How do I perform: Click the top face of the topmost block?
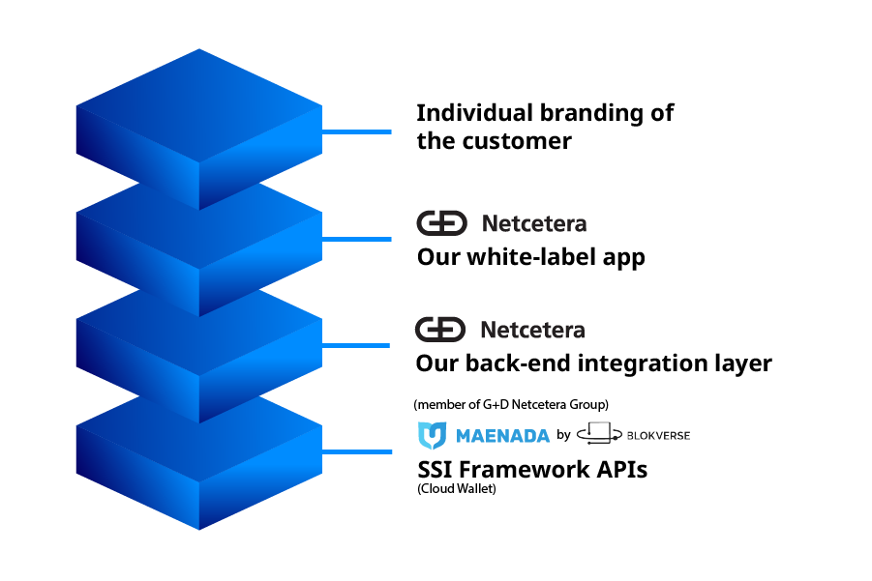pyautogui.click(x=198, y=104)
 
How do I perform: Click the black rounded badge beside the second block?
pyautogui.click(x=443, y=228)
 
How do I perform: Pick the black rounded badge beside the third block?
pyautogui.click(x=443, y=334)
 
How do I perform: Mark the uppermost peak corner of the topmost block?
pyautogui.click(x=198, y=50)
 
